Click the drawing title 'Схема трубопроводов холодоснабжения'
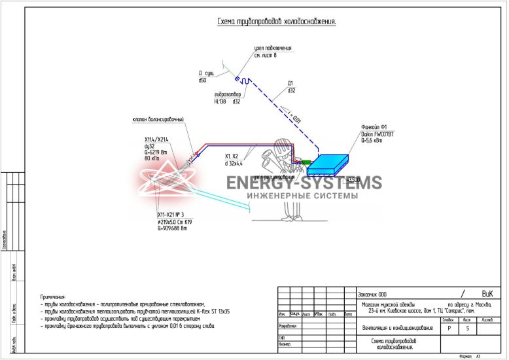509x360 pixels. pyautogui.click(x=276, y=22)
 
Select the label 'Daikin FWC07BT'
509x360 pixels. pyautogui.click(x=377, y=134)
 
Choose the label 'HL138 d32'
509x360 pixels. pyautogui.click(x=227, y=101)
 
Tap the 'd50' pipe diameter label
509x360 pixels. pyautogui.click(x=203, y=80)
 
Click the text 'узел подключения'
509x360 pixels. pyautogui.click(x=273, y=48)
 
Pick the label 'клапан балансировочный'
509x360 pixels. pyautogui.click(x=157, y=119)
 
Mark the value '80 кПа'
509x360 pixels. pyautogui.click(x=152, y=158)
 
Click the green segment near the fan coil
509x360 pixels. pyautogui.click(x=305, y=162)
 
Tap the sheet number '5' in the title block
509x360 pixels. pyautogui.click(x=467, y=329)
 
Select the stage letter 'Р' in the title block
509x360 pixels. pyautogui.click(x=448, y=329)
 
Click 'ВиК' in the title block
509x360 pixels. pyautogui.click(x=487, y=294)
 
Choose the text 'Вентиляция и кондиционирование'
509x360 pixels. pyautogui.click(x=398, y=327)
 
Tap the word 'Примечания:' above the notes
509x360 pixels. pyautogui.click(x=53, y=297)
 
